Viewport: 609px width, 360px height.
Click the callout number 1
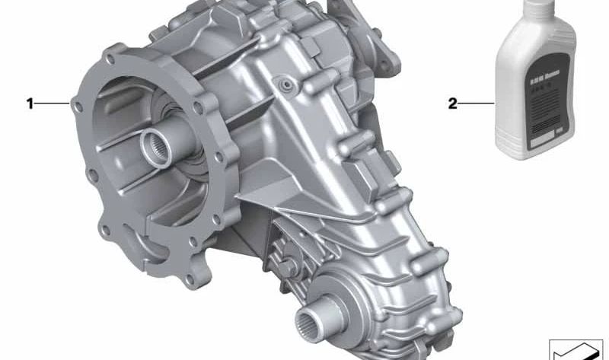click(30, 103)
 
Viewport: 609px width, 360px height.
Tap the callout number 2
click(452, 103)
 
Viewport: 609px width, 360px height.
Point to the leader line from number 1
click(53, 103)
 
